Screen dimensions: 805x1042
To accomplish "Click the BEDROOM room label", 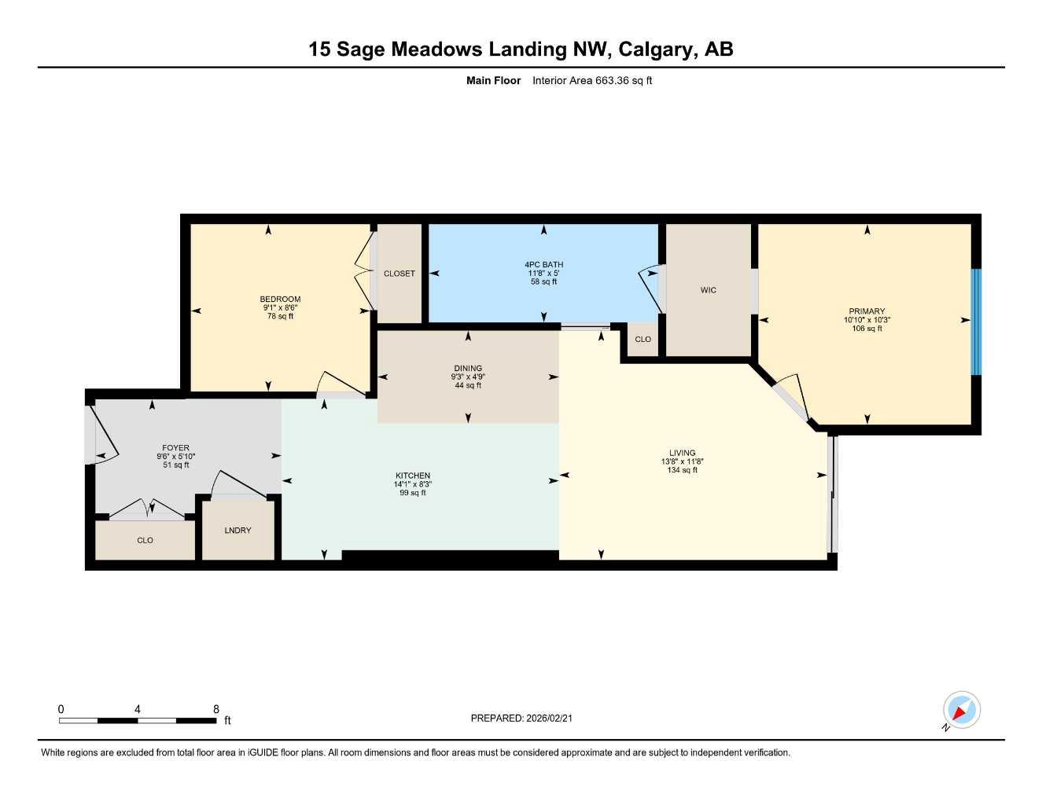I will [280, 299].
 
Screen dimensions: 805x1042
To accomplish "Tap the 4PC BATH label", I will [543, 265].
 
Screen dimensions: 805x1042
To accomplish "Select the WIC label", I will [708, 290].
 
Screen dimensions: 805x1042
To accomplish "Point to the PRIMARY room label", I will [867, 311].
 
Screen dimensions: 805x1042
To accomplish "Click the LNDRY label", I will [237, 531].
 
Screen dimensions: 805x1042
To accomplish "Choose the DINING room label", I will [468, 368].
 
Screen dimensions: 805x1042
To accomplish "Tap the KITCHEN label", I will [412, 476].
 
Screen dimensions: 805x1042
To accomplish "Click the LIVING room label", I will [682, 453].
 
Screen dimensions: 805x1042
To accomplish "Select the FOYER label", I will [175, 448].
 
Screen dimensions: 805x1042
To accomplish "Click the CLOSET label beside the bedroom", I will [399, 274].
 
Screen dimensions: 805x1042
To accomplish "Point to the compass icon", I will [961, 711].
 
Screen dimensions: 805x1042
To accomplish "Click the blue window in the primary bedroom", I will [976, 322].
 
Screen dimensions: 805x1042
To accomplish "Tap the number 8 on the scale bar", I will [216, 709].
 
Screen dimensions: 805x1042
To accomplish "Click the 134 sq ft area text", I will [682, 470].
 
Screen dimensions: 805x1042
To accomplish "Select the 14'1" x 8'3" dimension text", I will [412, 484].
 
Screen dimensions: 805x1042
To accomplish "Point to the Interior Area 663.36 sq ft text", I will [592, 80].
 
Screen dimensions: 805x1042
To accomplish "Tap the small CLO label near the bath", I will [643, 340].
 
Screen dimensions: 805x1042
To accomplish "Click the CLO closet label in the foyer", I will [145, 541].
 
